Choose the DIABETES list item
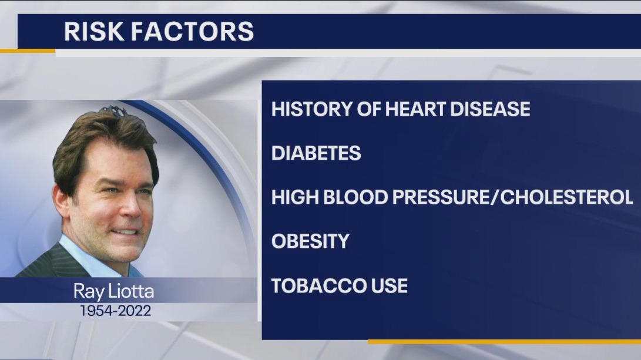316,153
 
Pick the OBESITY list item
310,241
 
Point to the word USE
391,286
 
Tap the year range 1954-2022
116,310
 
